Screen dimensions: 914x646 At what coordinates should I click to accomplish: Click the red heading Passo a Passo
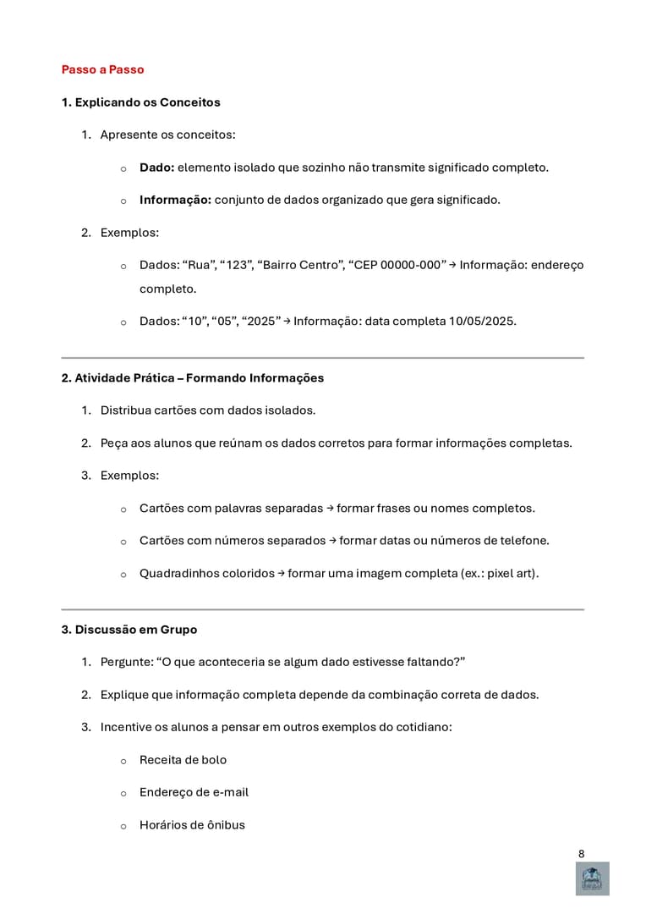[102, 69]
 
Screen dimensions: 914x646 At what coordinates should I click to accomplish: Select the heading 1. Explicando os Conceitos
[140, 102]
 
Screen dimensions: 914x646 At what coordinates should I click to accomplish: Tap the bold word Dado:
[156, 168]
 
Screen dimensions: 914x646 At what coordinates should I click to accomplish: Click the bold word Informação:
[175, 200]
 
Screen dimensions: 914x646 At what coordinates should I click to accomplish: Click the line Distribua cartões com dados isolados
[207, 410]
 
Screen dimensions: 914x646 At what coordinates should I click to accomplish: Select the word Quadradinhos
[178, 574]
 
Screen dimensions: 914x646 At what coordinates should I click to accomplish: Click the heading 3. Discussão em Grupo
[129, 630]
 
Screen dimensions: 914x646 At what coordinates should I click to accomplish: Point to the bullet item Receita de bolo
[183, 760]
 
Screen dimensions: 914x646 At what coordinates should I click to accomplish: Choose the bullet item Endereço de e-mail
[194, 792]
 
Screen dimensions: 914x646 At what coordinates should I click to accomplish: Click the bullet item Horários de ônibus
[192, 825]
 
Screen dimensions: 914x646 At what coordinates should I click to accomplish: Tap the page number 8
[581, 854]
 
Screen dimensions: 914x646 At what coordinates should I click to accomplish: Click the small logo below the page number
[592, 878]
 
